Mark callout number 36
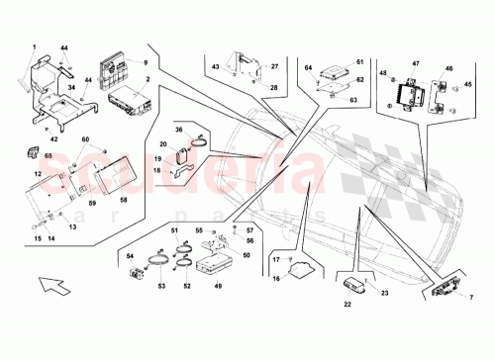(x=180, y=128)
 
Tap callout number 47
(x=416, y=62)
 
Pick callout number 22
(x=347, y=305)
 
